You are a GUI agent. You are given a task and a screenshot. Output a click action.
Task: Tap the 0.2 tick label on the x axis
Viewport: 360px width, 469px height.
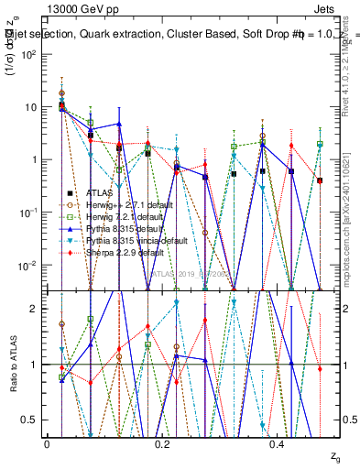pyautogui.click(x=161, y=443)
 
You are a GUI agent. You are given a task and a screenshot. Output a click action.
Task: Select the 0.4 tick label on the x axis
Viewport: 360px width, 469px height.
pyautogui.click(x=277, y=443)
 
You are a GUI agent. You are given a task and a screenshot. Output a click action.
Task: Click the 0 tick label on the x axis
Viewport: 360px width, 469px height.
pyautogui.click(x=47, y=443)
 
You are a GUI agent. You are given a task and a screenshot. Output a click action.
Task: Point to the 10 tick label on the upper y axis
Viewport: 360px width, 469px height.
pyautogui.click(x=31, y=107)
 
